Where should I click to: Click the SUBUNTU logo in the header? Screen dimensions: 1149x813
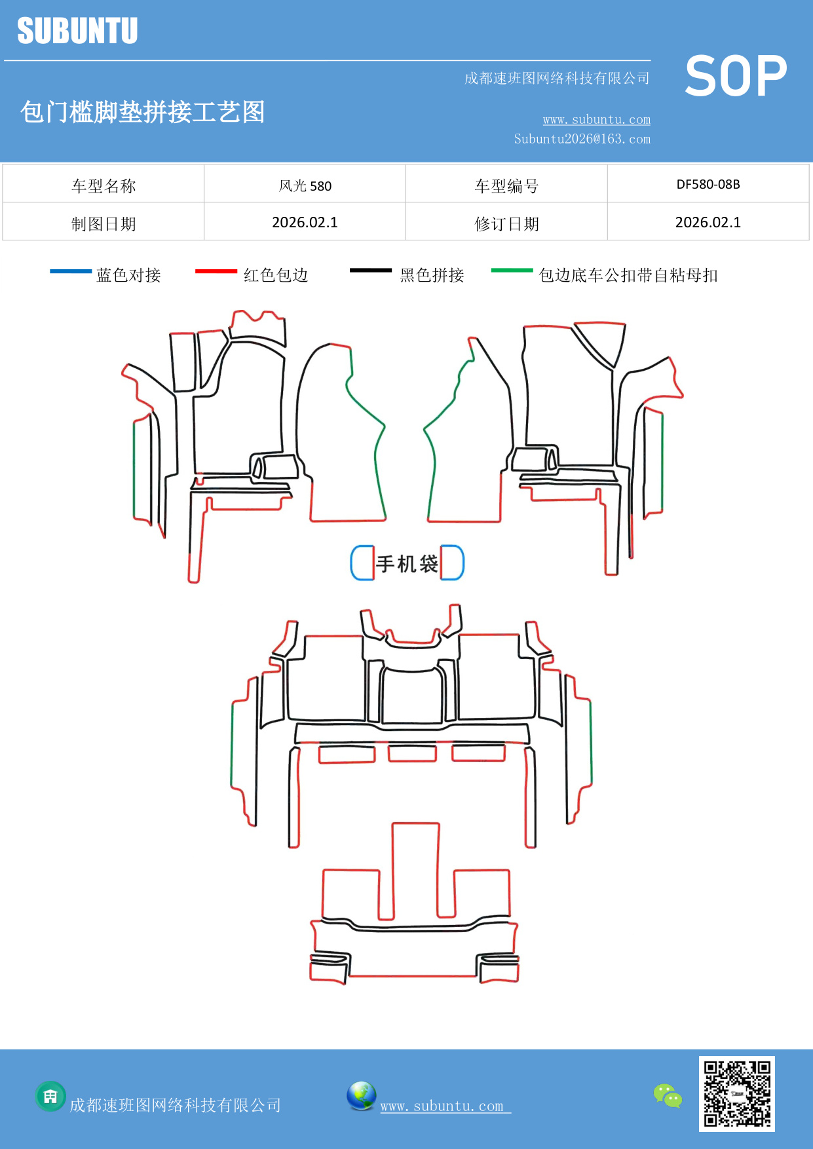[77, 31]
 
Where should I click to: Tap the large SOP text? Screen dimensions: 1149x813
[736, 76]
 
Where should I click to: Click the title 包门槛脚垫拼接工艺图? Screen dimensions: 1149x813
[142, 112]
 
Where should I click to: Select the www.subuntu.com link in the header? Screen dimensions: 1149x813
[596, 119]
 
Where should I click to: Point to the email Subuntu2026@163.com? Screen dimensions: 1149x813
[582, 139]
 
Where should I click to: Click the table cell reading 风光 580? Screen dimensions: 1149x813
[305, 185]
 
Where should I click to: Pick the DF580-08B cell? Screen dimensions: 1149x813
[708, 184]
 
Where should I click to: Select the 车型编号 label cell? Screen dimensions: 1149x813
[506, 186]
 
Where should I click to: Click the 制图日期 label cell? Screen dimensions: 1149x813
[104, 224]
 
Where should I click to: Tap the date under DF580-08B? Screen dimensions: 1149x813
[708, 222]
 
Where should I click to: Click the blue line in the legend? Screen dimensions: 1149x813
[71, 271]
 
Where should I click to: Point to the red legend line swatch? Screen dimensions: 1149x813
[216, 271]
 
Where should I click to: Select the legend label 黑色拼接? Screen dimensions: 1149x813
[432, 275]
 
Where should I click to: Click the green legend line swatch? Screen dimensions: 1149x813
[512, 270]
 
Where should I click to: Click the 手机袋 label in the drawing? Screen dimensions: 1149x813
[407, 563]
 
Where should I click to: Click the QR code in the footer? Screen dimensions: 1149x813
[736, 1093]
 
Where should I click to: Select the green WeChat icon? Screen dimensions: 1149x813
[668, 1095]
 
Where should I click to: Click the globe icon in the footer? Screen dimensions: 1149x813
[361, 1096]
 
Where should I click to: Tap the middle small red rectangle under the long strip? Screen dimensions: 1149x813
[412, 753]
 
